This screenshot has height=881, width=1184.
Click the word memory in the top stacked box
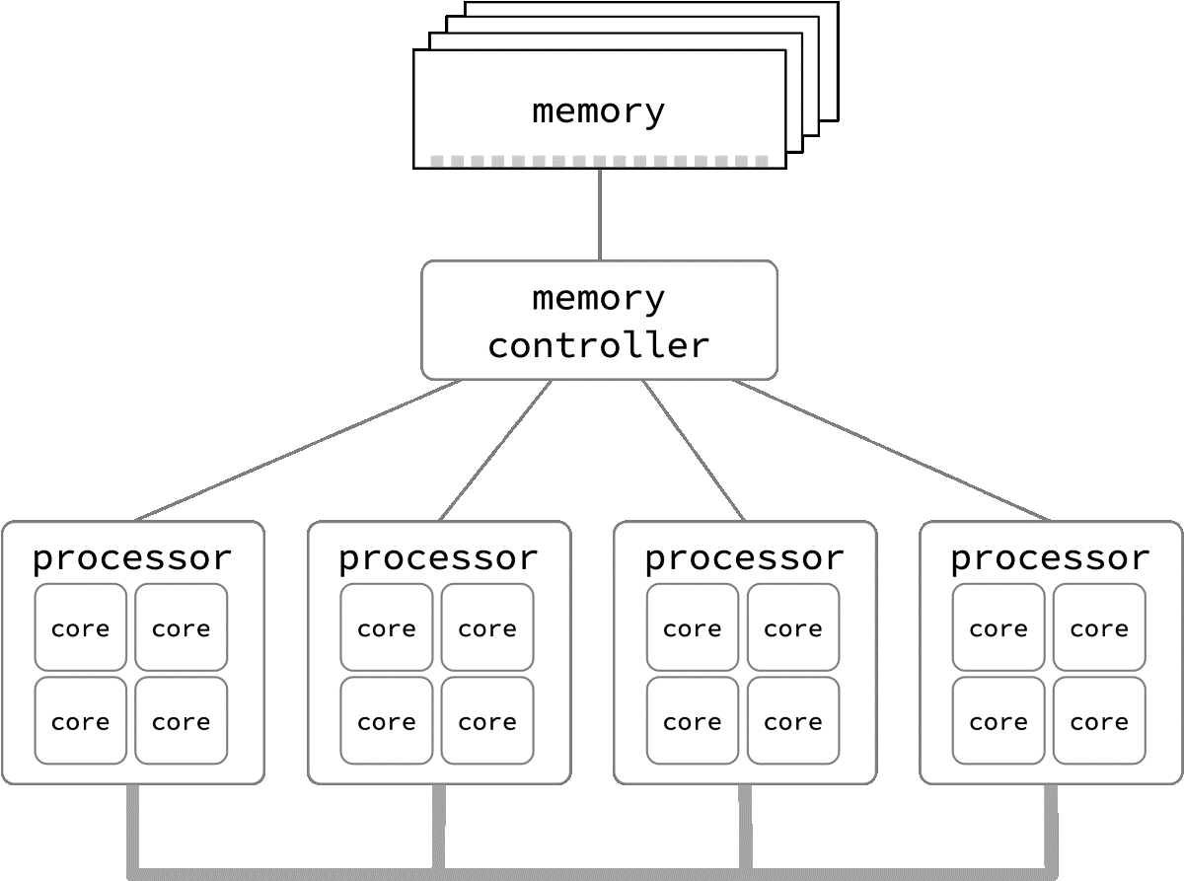(x=599, y=110)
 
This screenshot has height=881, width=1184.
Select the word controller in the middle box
(x=599, y=346)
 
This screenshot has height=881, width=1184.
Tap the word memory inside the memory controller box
(x=599, y=297)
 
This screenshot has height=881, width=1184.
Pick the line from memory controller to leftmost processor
(x=296, y=450)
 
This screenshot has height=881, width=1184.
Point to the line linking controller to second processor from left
(x=495, y=450)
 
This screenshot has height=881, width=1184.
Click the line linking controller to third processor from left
(x=694, y=450)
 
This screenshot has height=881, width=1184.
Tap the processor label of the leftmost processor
(x=132, y=558)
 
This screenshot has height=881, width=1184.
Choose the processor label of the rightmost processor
(x=1050, y=558)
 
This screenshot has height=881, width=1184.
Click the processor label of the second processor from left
(x=438, y=558)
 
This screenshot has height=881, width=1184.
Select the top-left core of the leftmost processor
(x=81, y=628)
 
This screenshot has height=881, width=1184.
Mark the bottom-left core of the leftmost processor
(x=81, y=721)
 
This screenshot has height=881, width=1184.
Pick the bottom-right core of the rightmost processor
(x=1099, y=721)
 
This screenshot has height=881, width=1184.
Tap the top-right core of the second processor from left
(x=487, y=628)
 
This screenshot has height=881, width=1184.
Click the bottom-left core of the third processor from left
(x=693, y=721)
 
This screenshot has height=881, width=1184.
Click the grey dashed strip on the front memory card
(x=599, y=161)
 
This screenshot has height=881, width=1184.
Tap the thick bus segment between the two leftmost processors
(x=286, y=873)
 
